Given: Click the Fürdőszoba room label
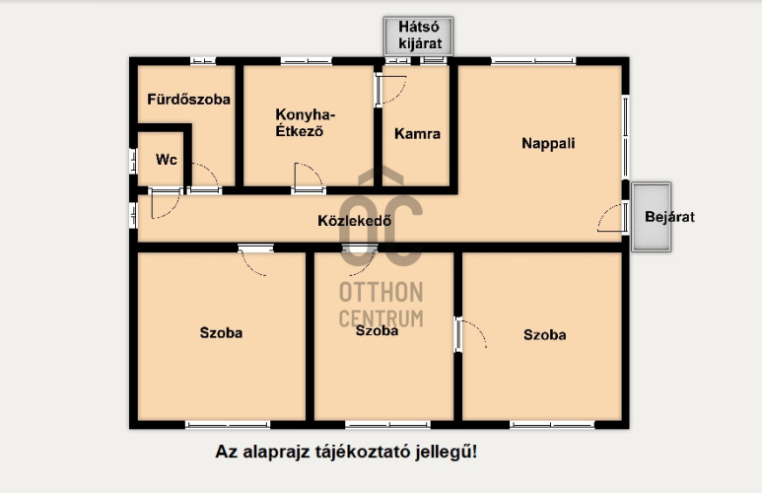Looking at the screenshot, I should point(188,99).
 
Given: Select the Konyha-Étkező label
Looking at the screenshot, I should point(306,121).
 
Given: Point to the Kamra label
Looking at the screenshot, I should point(417,133).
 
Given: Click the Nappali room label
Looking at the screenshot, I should point(548,143).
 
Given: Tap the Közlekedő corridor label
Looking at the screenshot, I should point(355,220).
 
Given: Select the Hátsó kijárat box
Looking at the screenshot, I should point(419,35).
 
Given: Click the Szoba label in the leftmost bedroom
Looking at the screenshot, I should point(221,332).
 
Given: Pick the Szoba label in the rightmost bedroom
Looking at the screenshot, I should point(545,334).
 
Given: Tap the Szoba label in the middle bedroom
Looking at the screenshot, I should point(377,331).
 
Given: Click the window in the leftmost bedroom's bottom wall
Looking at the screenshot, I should point(228,424).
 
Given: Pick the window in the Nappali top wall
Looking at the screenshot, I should point(533,61).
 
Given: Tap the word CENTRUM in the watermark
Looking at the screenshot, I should point(381,317).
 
